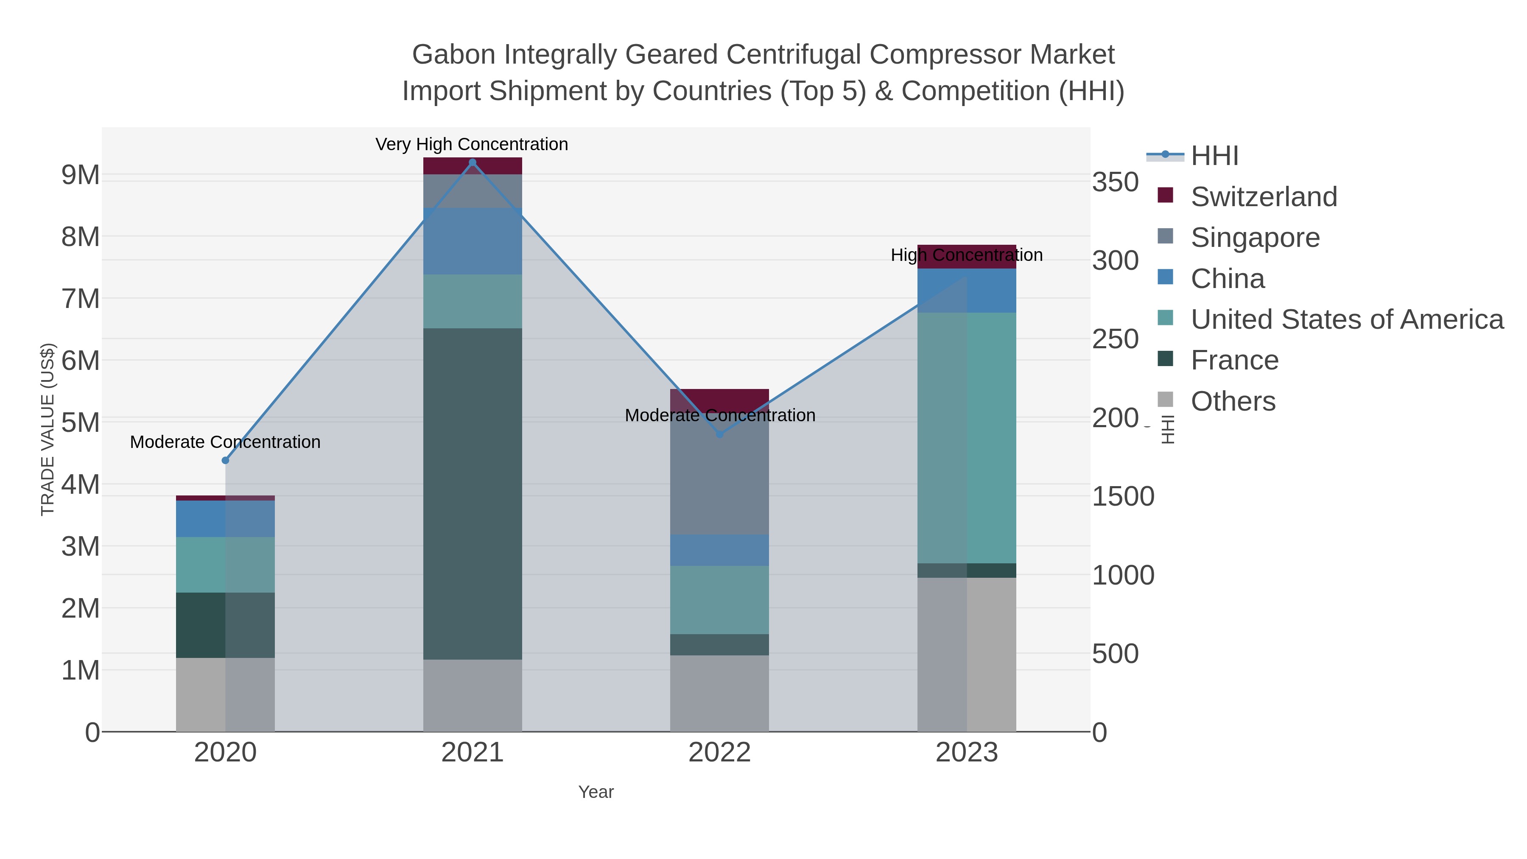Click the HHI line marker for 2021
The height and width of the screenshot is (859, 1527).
point(473,162)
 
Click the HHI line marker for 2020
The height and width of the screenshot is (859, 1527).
point(225,461)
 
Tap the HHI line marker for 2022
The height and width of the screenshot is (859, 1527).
point(720,434)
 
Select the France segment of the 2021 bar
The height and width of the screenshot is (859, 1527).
point(473,493)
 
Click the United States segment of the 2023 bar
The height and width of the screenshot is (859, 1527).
point(967,437)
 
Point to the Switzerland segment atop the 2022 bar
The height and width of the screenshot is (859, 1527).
point(720,398)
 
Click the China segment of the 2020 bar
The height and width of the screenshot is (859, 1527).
point(225,519)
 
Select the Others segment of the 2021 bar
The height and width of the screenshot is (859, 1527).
point(473,695)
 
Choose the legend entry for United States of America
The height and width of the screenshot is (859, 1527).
point(1346,319)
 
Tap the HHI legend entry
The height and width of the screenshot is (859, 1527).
point(1214,156)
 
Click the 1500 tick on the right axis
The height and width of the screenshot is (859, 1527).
point(1123,496)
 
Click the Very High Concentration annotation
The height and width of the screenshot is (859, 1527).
point(472,144)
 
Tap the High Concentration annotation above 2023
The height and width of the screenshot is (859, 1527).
point(967,255)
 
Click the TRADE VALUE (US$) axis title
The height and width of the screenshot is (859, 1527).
point(48,429)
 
